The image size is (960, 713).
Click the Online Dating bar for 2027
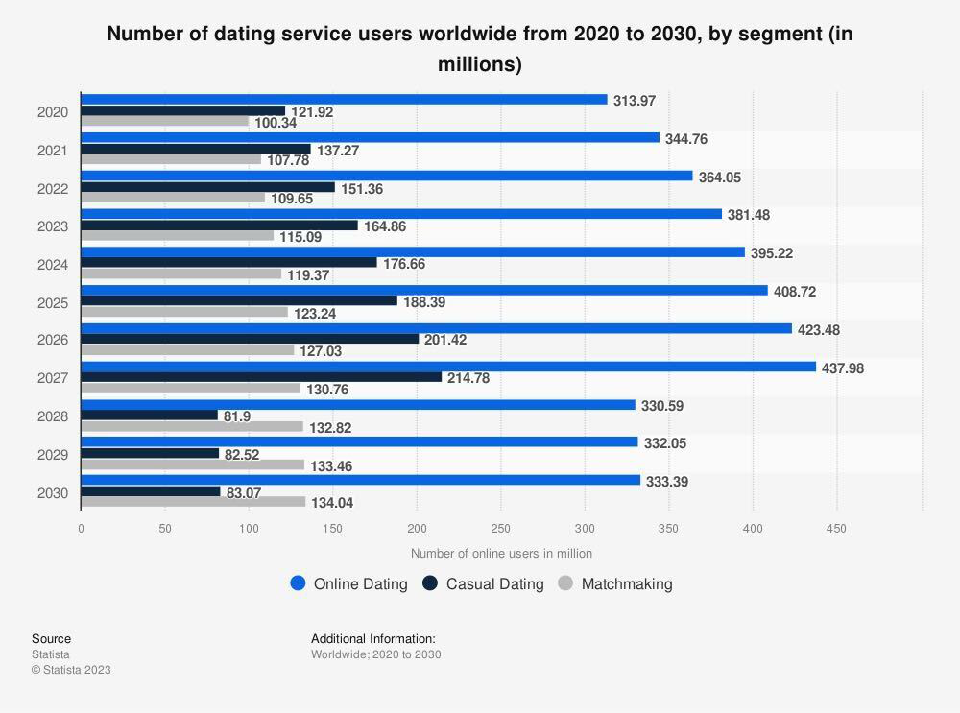click(447, 367)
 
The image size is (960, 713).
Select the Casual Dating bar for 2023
click(219, 226)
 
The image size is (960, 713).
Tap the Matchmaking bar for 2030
click(193, 502)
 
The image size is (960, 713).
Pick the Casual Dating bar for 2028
click(150, 416)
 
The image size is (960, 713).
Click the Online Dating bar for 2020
click(344, 100)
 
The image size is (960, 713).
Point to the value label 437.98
click(843, 368)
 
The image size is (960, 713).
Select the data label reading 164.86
click(384, 226)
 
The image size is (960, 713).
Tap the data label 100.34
click(276, 123)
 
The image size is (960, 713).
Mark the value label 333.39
click(667, 482)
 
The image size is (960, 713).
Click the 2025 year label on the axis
click(53, 302)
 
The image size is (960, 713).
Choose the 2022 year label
click(53, 189)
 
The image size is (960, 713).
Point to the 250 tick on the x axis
click(501, 528)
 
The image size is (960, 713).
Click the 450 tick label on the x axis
click(837, 528)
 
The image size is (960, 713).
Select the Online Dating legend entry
click(349, 583)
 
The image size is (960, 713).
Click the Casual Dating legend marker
click(430, 583)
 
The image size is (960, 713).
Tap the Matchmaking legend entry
click(615, 583)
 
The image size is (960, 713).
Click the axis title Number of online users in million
click(501, 554)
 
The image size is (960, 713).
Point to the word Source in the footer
click(51, 639)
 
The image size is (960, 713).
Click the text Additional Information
click(372, 639)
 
